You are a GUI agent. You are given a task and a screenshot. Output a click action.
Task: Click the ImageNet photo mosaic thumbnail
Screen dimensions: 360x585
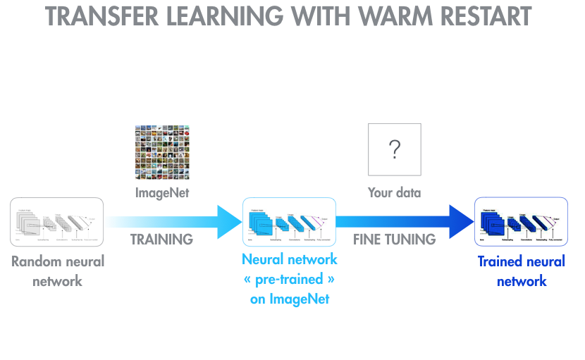(162, 152)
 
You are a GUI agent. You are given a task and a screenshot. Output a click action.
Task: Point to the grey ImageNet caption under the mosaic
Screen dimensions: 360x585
(162, 192)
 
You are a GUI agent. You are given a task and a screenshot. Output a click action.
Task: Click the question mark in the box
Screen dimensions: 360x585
(394, 149)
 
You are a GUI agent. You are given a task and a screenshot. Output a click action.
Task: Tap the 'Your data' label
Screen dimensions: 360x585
(395, 192)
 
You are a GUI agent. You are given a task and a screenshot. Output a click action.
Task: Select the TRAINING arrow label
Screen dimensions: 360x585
(161, 240)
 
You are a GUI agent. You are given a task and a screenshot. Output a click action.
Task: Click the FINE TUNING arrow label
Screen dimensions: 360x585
(394, 240)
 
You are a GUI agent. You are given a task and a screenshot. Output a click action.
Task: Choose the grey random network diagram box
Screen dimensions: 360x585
(57, 222)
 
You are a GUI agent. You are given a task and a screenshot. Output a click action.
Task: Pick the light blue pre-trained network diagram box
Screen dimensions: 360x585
(288, 222)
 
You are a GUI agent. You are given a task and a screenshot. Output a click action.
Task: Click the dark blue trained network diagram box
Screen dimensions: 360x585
(520, 222)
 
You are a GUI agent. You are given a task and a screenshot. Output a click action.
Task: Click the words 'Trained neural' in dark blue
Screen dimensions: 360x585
(522, 261)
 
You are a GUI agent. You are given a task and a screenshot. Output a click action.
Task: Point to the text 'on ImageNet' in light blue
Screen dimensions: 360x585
(289, 299)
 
